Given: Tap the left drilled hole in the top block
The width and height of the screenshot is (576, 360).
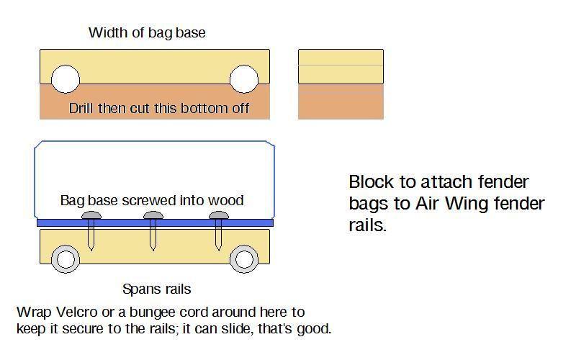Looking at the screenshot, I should pyautogui.click(x=66, y=80).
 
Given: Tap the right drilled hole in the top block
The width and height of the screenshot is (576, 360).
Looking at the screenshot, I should pyautogui.click(x=243, y=80).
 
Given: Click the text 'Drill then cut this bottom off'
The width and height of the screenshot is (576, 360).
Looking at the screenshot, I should pyautogui.click(x=158, y=109).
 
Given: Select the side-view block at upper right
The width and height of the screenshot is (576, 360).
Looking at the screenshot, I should pyautogui.click(x=341, y=84).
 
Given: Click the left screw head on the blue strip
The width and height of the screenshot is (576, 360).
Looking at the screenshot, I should pyautogui.click(x=91, y=216).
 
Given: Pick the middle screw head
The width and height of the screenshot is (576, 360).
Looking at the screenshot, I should pyautogui.click(x=153, y=216).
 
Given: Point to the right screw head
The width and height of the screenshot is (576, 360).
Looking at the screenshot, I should pyautogui.click(x=218, y=216).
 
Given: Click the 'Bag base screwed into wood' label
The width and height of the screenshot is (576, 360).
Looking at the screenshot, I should pyautogui.click(x=151, y=200).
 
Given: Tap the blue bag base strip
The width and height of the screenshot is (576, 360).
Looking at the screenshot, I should pyautogui.click(x=154, y=223).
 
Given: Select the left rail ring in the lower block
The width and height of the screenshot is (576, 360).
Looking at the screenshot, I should pyautogui.click(x=66, y=258).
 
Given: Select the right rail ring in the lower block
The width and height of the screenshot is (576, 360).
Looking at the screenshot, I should pyautogui.click(x=245, y=258).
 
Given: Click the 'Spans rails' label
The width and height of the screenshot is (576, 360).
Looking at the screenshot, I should pyautogui.click(x=156, y=289).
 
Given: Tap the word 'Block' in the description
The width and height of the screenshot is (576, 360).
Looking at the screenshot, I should pyautogui.click(x=370, y=182).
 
